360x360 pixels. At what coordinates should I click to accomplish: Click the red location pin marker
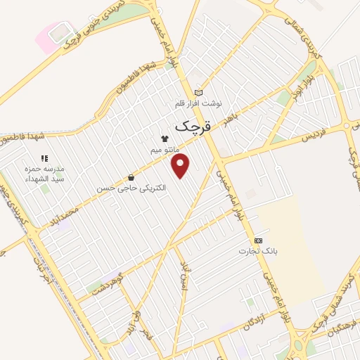pos(181,167)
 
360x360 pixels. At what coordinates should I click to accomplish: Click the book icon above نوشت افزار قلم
pos(198,92)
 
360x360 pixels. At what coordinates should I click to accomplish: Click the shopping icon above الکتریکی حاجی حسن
pos(131,177)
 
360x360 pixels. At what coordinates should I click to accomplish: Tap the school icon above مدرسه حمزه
pos(44,159)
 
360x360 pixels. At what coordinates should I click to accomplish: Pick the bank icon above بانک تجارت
pos(257,240)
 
